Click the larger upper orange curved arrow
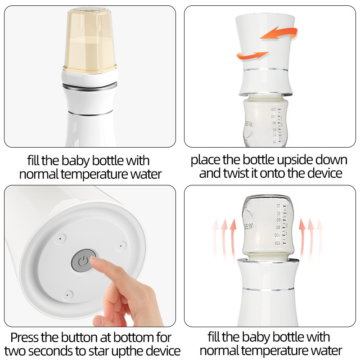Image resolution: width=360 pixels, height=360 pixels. pyautogui.click(x=279, y=33)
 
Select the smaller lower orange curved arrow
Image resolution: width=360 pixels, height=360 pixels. pyautogui.click(x=252, y=55)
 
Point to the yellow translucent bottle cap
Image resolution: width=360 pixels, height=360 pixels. pyautogui.click(x=90, y=40)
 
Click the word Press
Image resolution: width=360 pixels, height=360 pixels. pyautogui.click(x=25, y=337)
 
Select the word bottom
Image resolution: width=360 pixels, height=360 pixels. pyautogui.click(x=133, y=337)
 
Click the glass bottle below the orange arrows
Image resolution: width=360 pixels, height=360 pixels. pyautogui.click(x=265, y=121)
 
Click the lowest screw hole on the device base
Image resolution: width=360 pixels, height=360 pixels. pyautogui.click(x=67, y=295)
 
